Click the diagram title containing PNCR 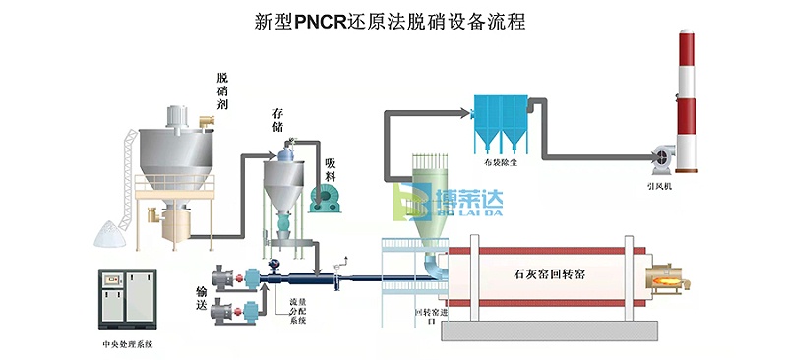point(393,21)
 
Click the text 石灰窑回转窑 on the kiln point(550,274)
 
